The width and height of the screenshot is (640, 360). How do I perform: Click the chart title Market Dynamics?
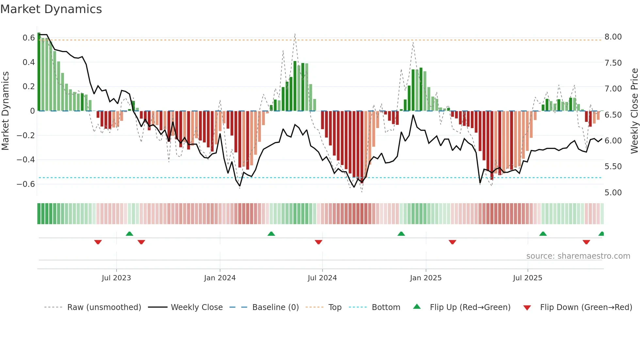[x=51, y=9]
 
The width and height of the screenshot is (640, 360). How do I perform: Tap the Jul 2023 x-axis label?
[x=116, y=278]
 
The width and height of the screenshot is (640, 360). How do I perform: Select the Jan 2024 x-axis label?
[x=220, y=278]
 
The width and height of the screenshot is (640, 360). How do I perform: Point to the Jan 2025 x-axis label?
[x=426, y=278]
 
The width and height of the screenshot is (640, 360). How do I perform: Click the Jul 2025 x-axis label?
[x=527, y=278]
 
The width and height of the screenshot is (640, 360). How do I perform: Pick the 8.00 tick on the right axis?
[x=613, y=37]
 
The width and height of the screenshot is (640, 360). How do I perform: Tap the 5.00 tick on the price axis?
[x=613, y=193]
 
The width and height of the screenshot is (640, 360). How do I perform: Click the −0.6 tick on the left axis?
[x=26, y=184]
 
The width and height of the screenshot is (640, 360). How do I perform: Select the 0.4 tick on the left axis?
[x=28, y=62]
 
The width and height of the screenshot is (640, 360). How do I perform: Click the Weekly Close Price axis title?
[x=634, y=111]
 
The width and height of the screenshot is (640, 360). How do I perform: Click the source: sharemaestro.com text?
[x=578, y=256]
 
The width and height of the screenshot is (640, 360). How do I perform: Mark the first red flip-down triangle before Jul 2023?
[x=98, y=242]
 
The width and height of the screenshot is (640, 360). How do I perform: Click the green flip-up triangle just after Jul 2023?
[x=129, y=234]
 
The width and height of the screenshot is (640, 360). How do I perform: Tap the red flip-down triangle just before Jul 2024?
[x=318, y=242]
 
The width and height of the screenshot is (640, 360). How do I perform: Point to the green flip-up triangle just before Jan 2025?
[x=401, y=234]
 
